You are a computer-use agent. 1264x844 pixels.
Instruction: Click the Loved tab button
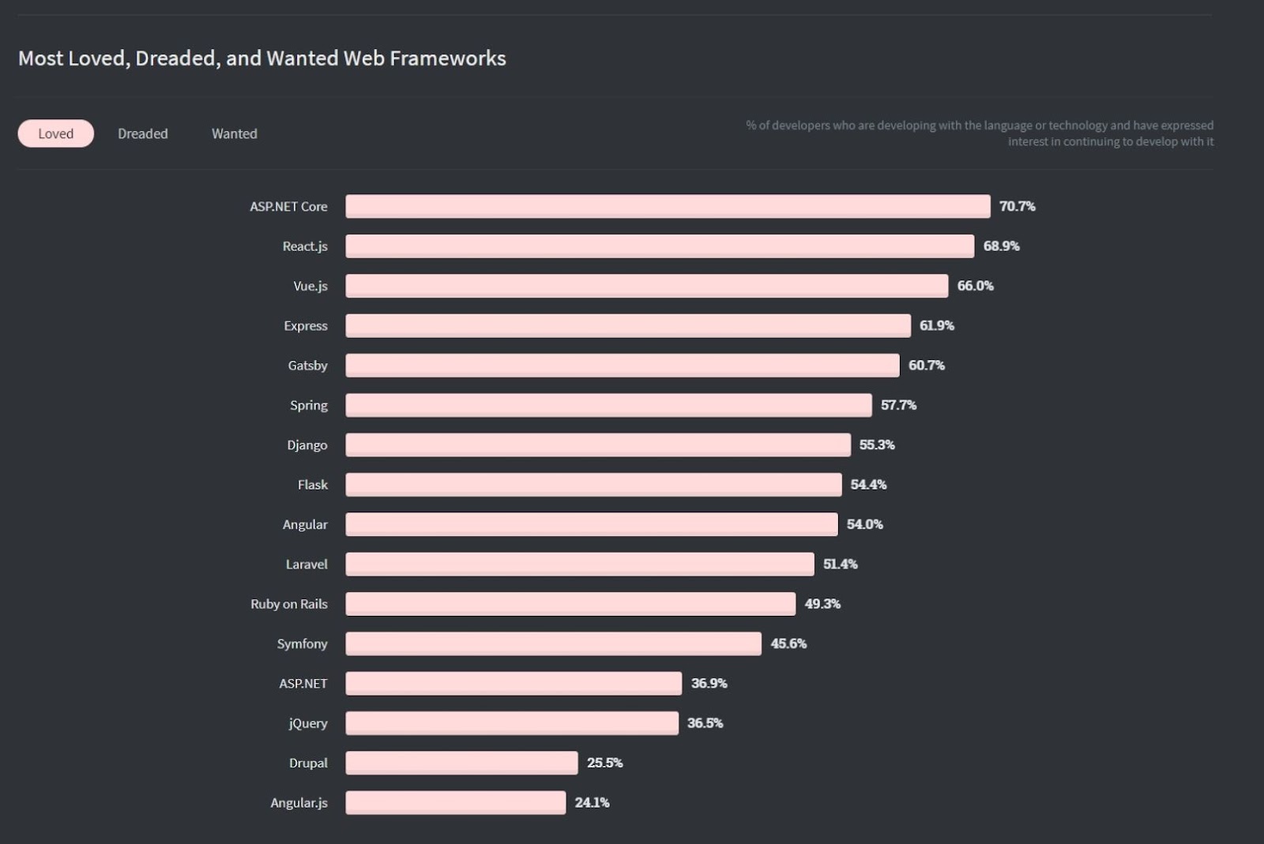55,133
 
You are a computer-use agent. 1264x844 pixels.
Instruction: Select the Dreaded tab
143,133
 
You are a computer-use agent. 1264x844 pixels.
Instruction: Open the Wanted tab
235,133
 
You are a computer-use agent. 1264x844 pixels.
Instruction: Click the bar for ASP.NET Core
668,206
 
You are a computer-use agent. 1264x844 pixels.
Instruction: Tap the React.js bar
660,246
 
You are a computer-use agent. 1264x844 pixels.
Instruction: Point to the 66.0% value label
975,286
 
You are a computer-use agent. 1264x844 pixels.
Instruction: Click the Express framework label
306,326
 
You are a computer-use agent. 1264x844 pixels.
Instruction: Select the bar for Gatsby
623,366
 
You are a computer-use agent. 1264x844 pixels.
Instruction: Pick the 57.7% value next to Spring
898,405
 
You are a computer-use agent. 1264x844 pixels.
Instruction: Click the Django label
307,445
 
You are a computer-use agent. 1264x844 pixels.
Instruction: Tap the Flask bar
593,485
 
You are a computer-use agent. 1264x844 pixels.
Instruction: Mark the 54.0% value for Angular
864,524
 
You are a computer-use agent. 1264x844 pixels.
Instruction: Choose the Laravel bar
580,565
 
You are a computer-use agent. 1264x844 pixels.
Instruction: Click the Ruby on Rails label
289,604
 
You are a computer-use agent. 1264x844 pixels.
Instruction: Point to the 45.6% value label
788,643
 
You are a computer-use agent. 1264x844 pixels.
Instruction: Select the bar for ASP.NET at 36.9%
513,684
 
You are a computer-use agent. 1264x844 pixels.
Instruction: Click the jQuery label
308,723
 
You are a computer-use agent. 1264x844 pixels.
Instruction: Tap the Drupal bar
461,763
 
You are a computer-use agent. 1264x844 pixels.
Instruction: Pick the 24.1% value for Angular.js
592,803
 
